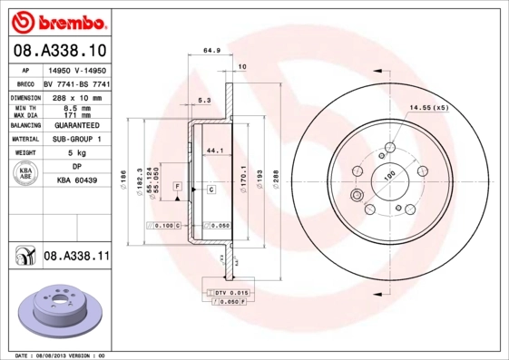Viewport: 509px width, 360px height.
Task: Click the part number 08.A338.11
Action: point(77,257)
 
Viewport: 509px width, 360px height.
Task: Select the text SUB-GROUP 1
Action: point(76,139)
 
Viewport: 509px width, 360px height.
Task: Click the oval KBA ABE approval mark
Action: point(26,175)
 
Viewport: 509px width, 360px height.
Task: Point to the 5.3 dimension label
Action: point(204,101)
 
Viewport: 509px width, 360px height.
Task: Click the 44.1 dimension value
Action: point(216,150)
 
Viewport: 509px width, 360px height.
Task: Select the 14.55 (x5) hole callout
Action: point(429,108)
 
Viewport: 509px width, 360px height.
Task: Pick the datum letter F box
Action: point(179,185)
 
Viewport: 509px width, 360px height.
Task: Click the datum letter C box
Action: point(210,189)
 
